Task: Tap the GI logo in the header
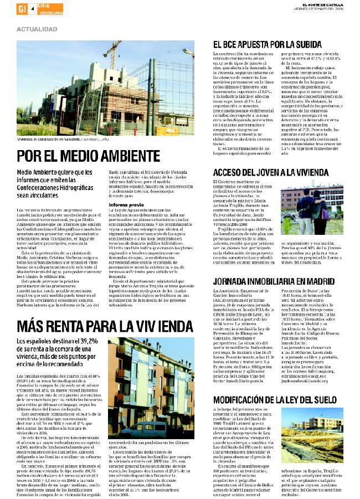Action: tap(22, 9)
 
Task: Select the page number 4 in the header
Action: tap(33, 9)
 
